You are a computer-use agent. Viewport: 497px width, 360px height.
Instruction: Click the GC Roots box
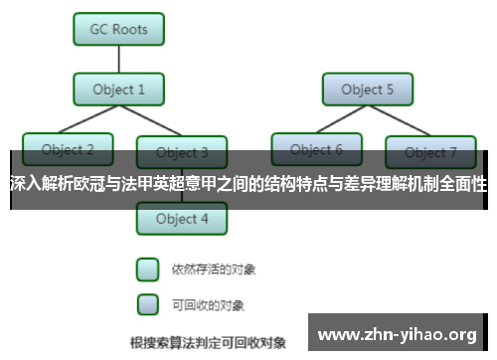118,29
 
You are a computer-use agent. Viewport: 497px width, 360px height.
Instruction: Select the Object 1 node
118,90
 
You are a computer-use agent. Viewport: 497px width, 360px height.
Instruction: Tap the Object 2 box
68,149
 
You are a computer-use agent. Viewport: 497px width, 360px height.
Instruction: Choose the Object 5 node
367,90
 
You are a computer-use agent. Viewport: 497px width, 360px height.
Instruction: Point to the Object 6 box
317,149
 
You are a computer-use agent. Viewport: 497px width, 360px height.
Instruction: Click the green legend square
147,270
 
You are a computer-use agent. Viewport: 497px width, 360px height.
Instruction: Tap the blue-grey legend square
147,303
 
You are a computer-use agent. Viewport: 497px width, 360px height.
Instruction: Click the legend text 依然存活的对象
208,270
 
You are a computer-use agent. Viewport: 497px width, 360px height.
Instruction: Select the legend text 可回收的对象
207,304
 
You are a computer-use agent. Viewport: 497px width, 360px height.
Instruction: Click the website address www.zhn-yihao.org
396,333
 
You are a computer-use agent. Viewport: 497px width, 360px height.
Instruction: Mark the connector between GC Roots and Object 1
118,59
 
